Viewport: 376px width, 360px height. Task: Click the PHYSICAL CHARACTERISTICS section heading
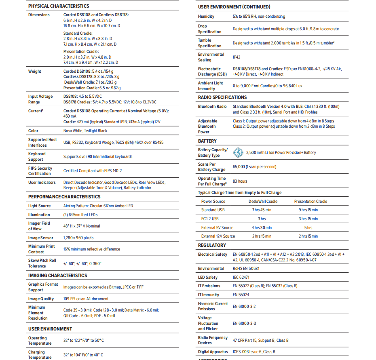59,6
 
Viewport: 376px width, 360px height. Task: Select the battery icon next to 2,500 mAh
238,152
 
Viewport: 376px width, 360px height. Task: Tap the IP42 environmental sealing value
237,57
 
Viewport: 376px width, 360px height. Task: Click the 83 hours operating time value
240,181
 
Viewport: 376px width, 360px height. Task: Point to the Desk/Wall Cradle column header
263,201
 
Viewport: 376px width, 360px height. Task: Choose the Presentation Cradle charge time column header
311,201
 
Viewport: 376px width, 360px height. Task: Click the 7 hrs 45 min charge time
262,210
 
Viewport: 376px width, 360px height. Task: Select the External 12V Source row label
218,236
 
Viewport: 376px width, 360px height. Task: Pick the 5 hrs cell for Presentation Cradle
308,228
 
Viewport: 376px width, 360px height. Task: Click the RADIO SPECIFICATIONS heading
222,97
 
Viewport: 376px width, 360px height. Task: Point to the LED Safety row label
208,278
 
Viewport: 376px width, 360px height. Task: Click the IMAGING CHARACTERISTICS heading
57,276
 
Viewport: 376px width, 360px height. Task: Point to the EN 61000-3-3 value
244,324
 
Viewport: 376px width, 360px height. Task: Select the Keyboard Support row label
37,156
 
